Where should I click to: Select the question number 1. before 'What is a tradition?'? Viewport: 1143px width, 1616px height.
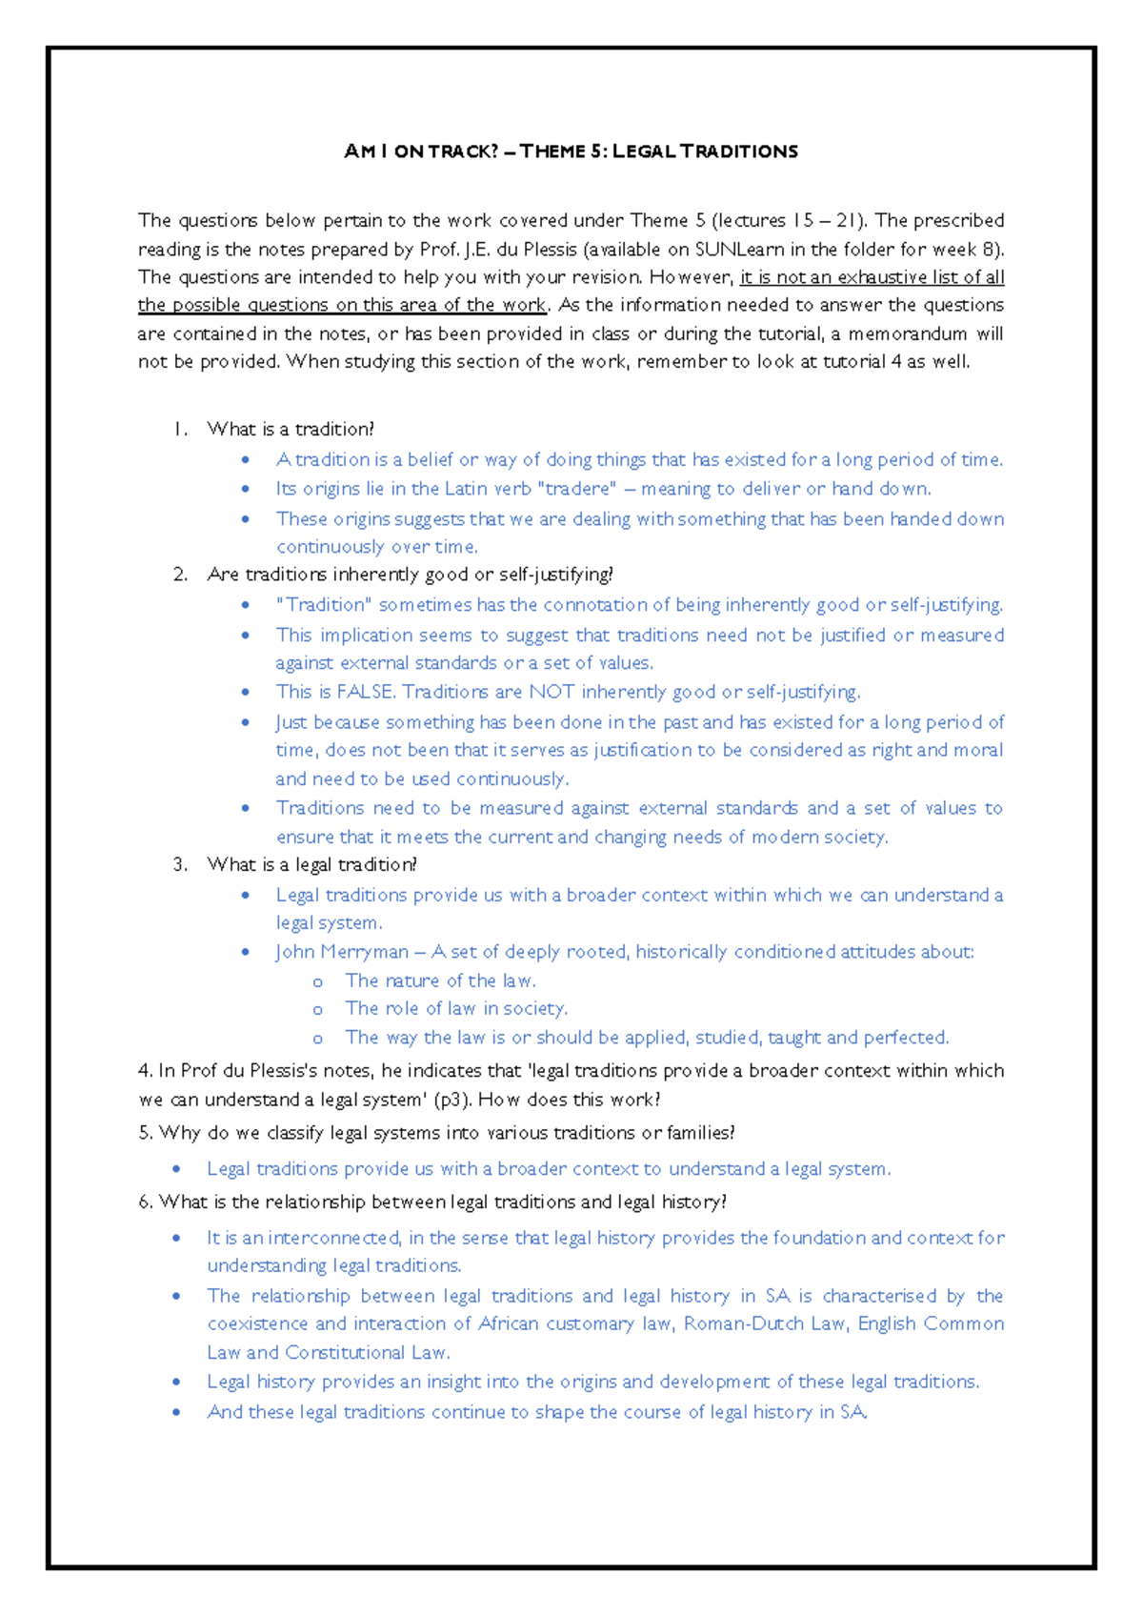tap(180, 430)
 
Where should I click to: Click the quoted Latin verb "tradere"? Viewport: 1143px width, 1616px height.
tap(577, 489)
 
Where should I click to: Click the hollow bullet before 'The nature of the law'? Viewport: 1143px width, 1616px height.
tap(318, 982)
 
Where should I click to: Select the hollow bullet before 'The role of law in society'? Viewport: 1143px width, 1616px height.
tap(318, 1010)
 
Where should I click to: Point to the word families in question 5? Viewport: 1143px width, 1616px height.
tap(699, 1133)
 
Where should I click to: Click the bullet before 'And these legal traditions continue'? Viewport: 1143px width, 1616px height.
tap(176, 1412)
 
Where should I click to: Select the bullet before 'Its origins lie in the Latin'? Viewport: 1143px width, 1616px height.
tap(246, 489)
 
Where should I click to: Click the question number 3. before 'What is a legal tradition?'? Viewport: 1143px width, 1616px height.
tap(180, 865)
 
